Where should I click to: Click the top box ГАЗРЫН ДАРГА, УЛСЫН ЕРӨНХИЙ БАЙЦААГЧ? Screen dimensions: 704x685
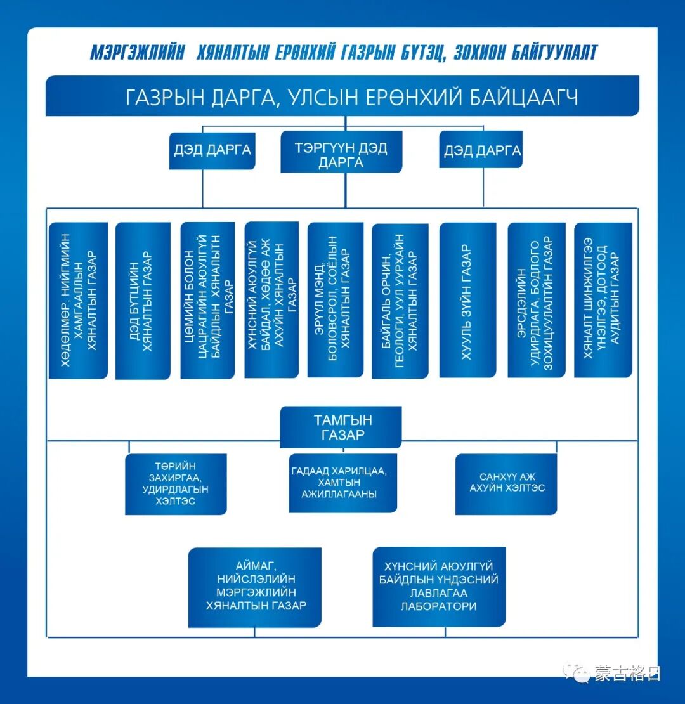[x=342, y=96]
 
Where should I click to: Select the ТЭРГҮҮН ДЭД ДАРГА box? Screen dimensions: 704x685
[x=341, y=152]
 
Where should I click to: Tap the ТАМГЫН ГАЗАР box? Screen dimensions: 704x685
[x=341, y=427]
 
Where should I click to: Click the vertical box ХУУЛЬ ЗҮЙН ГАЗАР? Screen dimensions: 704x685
[x=467, y=300]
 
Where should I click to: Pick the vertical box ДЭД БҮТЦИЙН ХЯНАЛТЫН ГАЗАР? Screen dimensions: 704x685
[x=143, y=301]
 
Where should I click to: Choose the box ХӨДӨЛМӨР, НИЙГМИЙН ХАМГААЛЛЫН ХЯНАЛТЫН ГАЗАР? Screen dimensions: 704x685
[x=78, y=300]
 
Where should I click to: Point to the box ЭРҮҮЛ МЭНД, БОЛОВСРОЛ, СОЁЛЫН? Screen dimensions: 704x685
[x=335, y=300]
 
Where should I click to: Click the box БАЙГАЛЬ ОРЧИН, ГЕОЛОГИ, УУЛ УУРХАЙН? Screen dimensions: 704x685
[x=400, y=300]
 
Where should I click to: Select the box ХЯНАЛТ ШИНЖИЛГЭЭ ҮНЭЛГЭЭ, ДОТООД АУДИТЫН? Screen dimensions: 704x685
[x=603, y=300]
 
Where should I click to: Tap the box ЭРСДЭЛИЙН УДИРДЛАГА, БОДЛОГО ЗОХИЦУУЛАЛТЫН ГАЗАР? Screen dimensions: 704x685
[x=537, y=300]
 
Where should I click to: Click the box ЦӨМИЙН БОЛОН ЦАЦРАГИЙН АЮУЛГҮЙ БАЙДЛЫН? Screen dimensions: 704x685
[x=207, y=300]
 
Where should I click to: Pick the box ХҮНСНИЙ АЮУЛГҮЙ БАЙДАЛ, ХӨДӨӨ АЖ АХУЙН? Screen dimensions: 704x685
[x=271, y=300]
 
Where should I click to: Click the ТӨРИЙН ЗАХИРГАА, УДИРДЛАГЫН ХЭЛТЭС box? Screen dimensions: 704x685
[x=176, y=484]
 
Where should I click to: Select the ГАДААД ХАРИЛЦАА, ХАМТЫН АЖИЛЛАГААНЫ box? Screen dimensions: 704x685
[x=342, y=483]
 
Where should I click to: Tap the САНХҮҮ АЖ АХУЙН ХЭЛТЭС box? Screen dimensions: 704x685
[x=506, y=483]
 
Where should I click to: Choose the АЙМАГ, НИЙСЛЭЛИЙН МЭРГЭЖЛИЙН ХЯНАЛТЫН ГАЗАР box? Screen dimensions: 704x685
[x=255, y=587]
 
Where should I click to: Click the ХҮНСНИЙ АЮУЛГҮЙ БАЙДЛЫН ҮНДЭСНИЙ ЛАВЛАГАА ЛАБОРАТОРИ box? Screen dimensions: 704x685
[x=439, y=587]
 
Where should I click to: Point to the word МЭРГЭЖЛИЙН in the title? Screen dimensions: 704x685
[x=138, y=53]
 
